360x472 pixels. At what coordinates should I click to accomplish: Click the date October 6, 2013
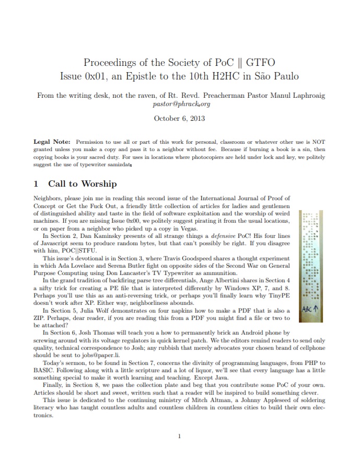[x=180, y=118]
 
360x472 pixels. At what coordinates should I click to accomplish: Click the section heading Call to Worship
[x=83, y=183]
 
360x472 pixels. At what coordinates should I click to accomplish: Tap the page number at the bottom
[x=179, y=436]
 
